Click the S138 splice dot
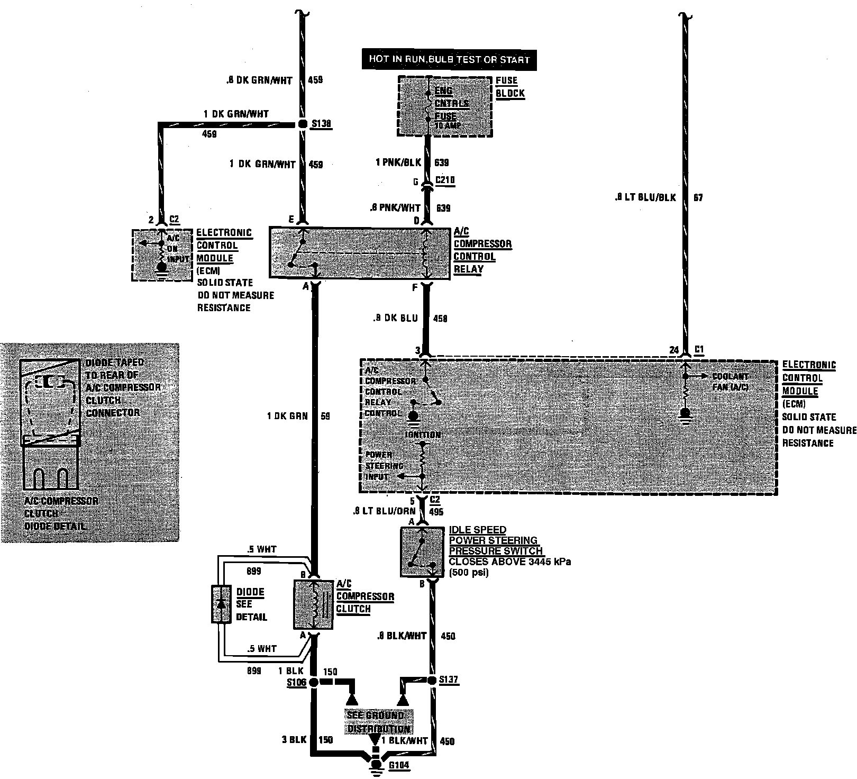(302, 124)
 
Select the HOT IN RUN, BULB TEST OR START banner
(449, 59)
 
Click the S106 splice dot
(313, 683)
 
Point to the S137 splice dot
(432, 680)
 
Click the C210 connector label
(445, 180)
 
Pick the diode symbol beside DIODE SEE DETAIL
(221, 604)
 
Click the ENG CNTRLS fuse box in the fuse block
(445, 106)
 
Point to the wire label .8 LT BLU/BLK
(645, 198)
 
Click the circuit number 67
(698, 198)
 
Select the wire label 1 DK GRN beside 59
(287, 416)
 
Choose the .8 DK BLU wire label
(394, 318)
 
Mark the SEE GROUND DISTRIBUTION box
(376, 722)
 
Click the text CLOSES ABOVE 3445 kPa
(509, 562)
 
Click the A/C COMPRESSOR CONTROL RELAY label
(482, 250)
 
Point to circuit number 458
(440, 319)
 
